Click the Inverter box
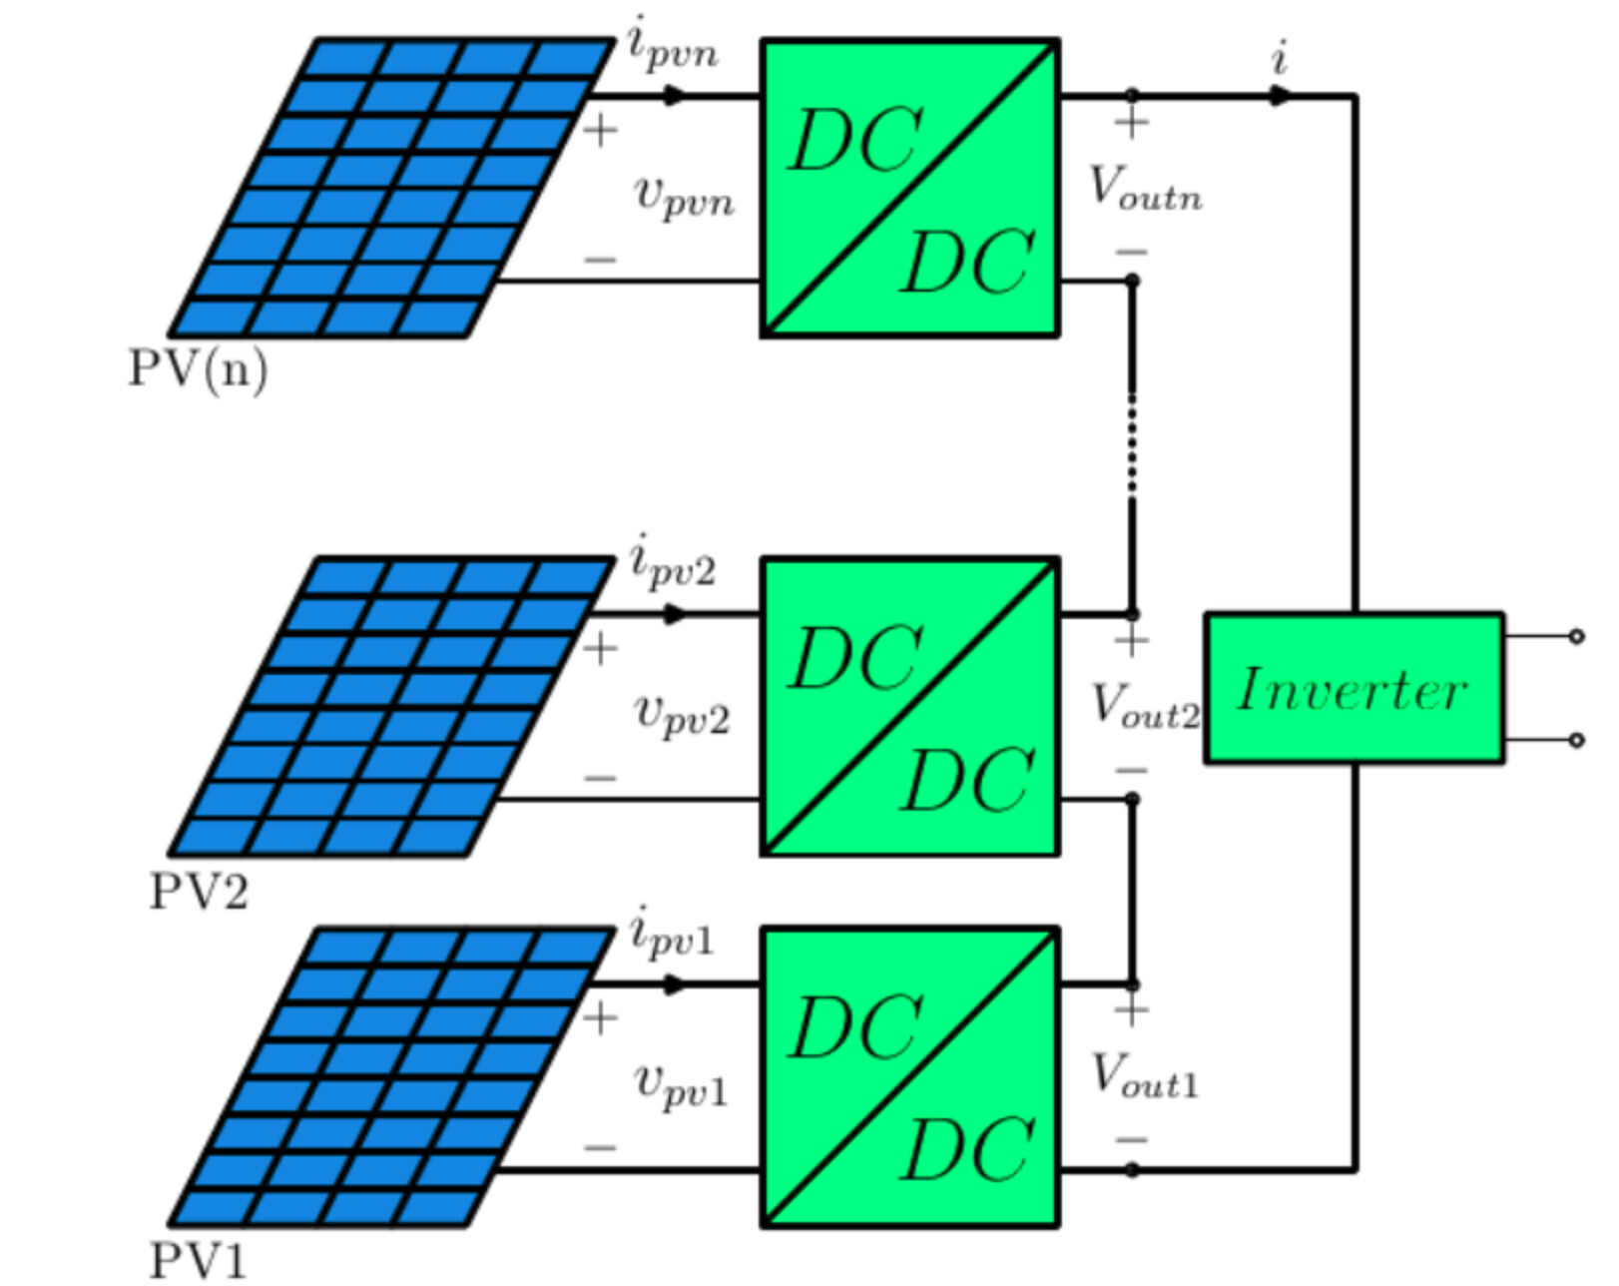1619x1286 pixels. click(1354, 689)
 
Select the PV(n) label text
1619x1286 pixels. click(199, 369)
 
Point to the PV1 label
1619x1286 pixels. click(199, 1260)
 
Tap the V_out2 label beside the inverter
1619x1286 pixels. click(1145, 706)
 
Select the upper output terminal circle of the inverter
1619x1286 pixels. click(1576, 637)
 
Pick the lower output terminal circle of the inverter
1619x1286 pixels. click(1576, 741)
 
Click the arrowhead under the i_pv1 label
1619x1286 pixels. click(675, 984)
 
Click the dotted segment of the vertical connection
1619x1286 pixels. click(1132, 444)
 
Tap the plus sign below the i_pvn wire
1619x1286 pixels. click(600, 131)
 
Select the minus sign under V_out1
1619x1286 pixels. click(1132, 1140)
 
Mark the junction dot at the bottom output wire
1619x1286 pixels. click(1132, 1170)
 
